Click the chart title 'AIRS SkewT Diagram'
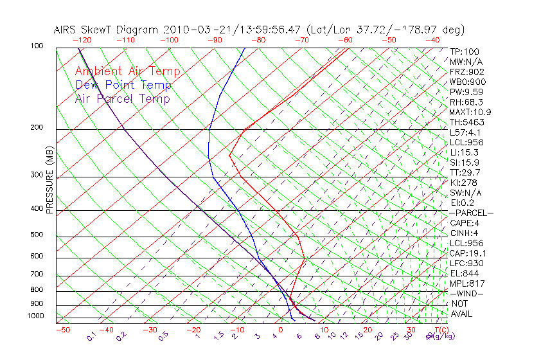pyautogui.click(x=107, y=30)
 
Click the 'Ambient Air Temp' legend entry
pyautogui.click(x=127, y=71)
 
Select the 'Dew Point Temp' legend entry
pyautogui.click(x=123, y=85)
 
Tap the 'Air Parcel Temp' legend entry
pyautogui.click(x=123, y=98)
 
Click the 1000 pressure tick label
pyautogui.click(x=37, y=316)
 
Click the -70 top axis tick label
pyautogui.click(x=302, y=40)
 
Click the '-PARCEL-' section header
pyautogui.click(x=471, y=213)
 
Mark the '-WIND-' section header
pyautogui.click(x=466, y=293)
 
